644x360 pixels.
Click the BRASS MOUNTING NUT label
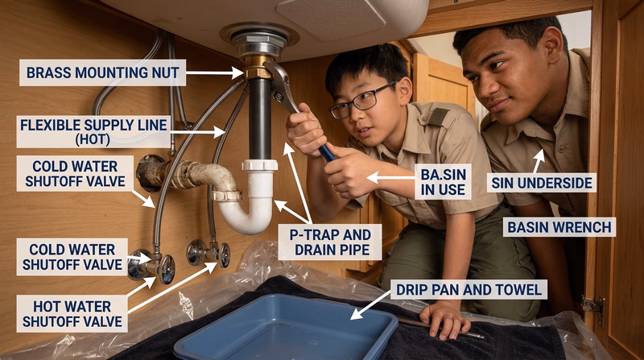[x=102, y=72]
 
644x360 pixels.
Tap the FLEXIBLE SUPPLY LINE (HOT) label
[x=94, y=130]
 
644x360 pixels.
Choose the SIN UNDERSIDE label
[x=541, y=184]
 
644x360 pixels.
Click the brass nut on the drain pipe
[x=258, y=68]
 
